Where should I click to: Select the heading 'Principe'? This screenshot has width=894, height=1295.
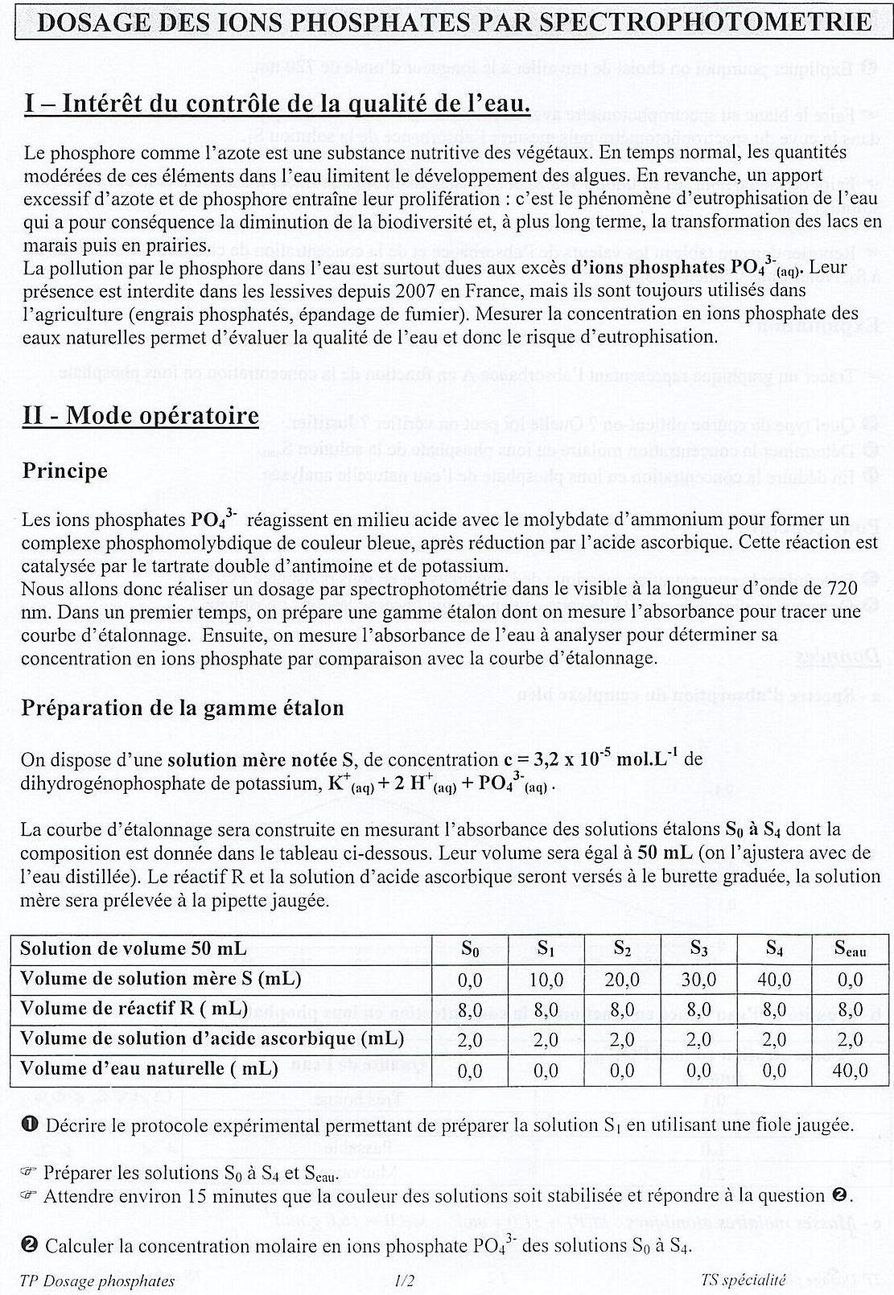point(64,471)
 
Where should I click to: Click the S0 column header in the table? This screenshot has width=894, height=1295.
point(470,949)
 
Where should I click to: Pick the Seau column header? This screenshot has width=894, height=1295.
point(851,949)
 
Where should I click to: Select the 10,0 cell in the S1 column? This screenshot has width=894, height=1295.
point(546,980)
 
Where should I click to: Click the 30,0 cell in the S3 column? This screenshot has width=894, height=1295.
point(698,980)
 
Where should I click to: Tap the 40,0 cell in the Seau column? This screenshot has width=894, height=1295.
point(851,1071)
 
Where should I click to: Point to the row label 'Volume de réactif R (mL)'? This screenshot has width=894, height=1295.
point(134,1009)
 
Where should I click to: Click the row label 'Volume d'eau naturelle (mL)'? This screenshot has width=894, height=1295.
point(149,1069)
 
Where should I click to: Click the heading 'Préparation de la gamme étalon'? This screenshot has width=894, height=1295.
point(183,708)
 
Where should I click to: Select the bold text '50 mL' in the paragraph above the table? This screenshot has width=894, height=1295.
point(661,852)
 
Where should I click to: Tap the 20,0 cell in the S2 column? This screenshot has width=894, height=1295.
point(622,980)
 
